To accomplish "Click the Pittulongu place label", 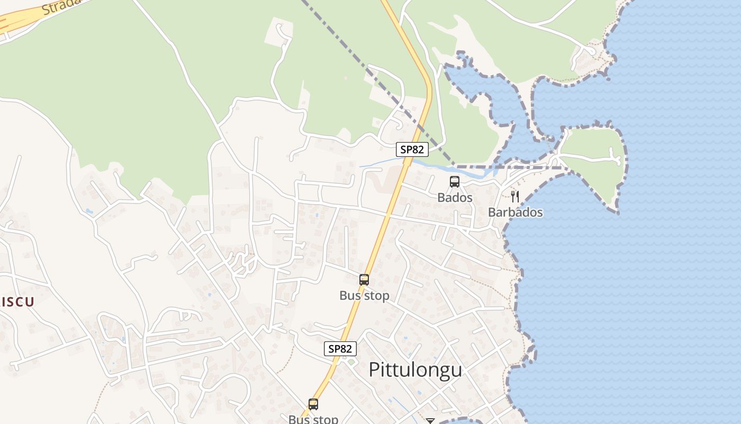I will pyautogui.click(x=415, y=370).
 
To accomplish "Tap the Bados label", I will pyautogui.click(x=455, y=198).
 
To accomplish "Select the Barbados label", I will pyautogui.click(x=515, y=213).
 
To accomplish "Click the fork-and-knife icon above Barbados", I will pyautogui.click(x=515, y=197).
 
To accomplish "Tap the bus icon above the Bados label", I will pyautogui.click(x=455, y=182).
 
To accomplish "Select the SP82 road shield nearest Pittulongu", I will pyautogui.click(x=340, y=349).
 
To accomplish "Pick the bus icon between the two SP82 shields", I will pyautogui.click(x=364, y=279).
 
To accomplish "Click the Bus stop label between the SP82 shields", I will pyautogui.click(x=364, y=296).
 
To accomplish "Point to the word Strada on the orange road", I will pyautogui.click(x=61, y=6).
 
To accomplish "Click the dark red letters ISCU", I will pyautogui.click(x=17, y=302).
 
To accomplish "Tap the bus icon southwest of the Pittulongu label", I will pyautogui.click(x=313, y=404).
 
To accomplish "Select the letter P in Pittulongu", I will pyautogui.click(x=374, y=370).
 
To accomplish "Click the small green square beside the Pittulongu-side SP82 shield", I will pyautogui.click(x=351, y=363).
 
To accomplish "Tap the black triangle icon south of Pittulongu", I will pyautogui.click(x=430, y=421).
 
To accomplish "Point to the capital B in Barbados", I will pyautogui.click(x=492, y=213).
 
